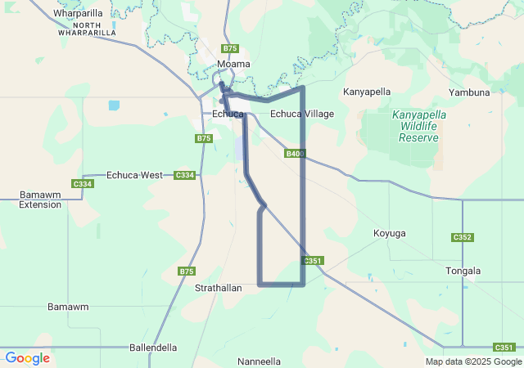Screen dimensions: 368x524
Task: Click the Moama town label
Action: pyautogui.click(x=233, y=64)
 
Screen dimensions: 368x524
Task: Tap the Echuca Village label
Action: pyautogui.click(x=302, y=114)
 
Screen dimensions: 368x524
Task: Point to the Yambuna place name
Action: pyautogui.click(x=469, y=92)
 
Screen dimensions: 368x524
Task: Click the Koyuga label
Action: pyautogui.click(x=389, y=233)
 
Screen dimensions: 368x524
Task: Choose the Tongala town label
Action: pyautogui.click(x=463, y=271)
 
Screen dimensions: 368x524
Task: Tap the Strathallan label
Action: pyautogui.click(x=218, y=289)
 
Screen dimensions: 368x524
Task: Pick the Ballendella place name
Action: pyautogui.click(x=153, y=348)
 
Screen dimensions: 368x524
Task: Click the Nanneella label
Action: pyautogui.click(x=259, y=361)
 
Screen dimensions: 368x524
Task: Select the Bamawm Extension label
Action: pyautogui.click(x=40, y=200)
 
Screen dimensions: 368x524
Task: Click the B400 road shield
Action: pyautogui.click(x=296, y=154)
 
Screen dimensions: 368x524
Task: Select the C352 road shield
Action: pyautogui.click(x=463, y=237)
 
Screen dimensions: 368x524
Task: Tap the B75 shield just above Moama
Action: pyautogui.click(x=230, y=48)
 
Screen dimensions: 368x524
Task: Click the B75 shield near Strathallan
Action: pyautogui.click(x=187, y=271)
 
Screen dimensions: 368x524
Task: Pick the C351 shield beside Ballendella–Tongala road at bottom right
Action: pyautogui.click(x=504, y=348)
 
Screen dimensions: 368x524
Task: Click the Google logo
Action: pyautogui.click(x=28, y=358)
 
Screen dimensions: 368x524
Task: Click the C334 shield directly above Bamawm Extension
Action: pyautogui.click(x=83, y=184)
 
